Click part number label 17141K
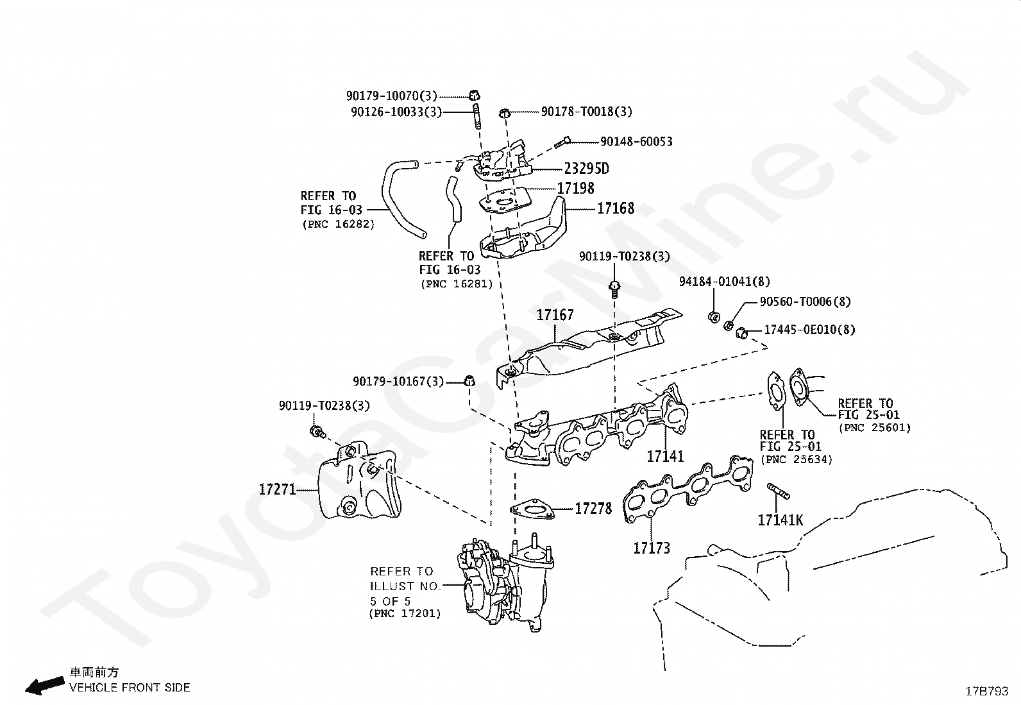click(x=780, y=520)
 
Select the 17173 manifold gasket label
click(x=652, y=548)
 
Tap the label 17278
click(x=593, y=509)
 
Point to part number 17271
click(x=277, y=489)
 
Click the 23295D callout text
click(x=586, y=169)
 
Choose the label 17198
click(x=575, y=189)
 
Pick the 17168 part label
click(x=616, y=208)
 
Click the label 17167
click(x=555, y=315)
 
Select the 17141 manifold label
click(x=665, y=457)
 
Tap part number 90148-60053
click(x=636, y=142)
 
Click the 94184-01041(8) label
click(x=725, y=282)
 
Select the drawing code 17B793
click(x=987, y=691)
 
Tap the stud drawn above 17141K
click(x=778, y=492)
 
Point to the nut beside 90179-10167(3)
click(x=469, y=381)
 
